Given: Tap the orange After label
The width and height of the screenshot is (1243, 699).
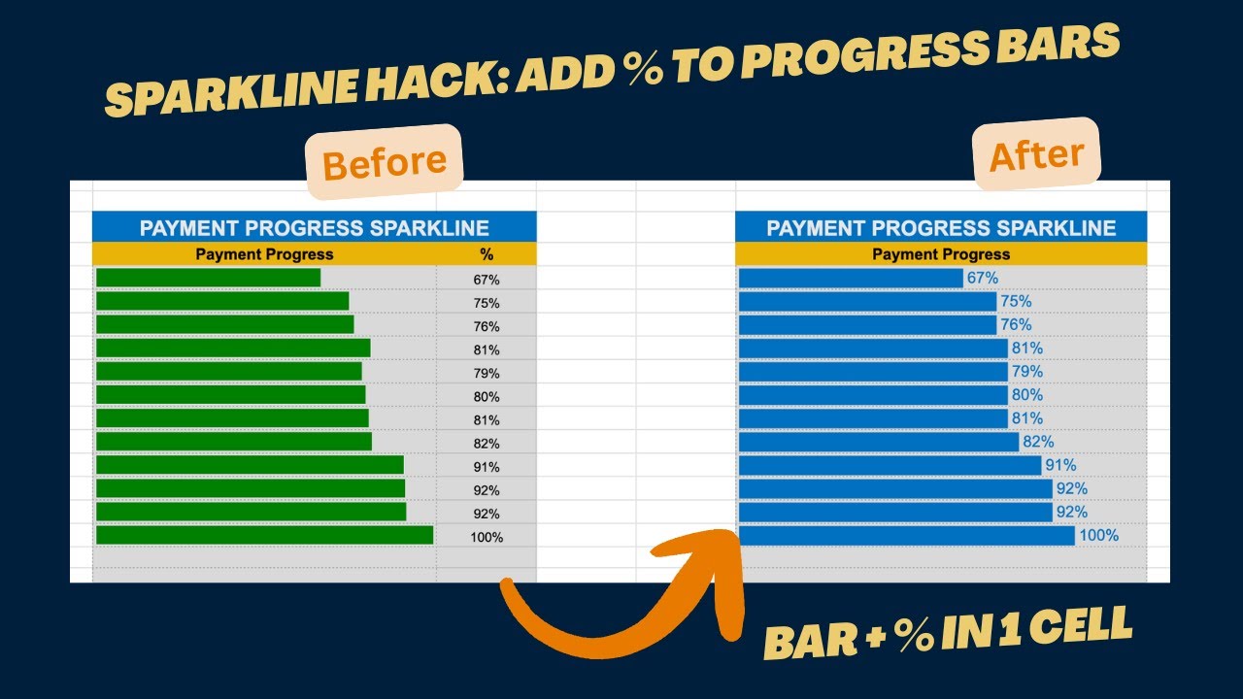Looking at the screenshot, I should tap(1036, 153).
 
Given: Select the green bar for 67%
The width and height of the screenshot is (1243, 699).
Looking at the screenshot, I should tap(208, 279).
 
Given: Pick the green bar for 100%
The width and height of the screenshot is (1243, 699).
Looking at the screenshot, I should tap(264, 536).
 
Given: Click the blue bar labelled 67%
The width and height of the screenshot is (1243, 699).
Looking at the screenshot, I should tap(851, 279).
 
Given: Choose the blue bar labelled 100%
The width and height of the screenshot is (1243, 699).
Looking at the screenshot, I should tap(906, 536).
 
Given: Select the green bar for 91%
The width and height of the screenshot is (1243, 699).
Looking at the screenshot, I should tap(250, 465).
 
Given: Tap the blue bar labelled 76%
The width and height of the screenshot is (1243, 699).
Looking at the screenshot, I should tap(867, 325).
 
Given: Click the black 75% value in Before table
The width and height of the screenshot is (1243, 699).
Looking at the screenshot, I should tap(487, 303).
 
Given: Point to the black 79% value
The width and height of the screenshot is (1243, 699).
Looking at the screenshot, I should tap(487, 373).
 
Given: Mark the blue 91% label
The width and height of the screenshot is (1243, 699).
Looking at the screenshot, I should tap(1060, 465).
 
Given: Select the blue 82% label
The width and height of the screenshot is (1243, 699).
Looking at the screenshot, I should tap(1038, 442).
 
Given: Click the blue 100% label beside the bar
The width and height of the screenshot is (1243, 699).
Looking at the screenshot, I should tap(1098, 535).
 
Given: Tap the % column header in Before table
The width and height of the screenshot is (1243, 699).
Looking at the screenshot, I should tap(487, 254).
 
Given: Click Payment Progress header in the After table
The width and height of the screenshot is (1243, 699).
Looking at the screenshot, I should tap(941, 254).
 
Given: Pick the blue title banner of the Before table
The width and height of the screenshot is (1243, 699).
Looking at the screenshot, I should tap(314, 228).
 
